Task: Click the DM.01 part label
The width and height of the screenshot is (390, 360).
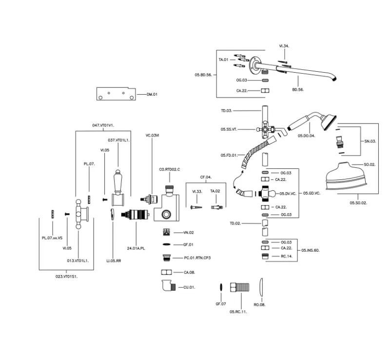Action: point(152,94)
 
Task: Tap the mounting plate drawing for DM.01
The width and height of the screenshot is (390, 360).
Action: point(116,94)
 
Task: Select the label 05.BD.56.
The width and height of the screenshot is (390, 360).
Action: point(203,75)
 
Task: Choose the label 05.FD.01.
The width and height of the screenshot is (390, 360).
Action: point(228,155)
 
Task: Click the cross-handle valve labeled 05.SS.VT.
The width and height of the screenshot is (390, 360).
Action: point(265,130)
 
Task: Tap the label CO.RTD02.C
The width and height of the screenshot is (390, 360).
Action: point(170,169)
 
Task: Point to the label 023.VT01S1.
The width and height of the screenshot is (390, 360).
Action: point(67,277)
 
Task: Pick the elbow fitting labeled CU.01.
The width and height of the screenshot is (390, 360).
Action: point(166,286)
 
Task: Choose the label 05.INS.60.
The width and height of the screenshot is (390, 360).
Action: point(310,250)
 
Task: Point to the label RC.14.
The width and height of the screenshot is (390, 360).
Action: point(287,256)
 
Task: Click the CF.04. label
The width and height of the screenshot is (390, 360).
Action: point(205,177)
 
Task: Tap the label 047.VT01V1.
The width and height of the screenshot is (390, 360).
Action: point(103,125)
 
